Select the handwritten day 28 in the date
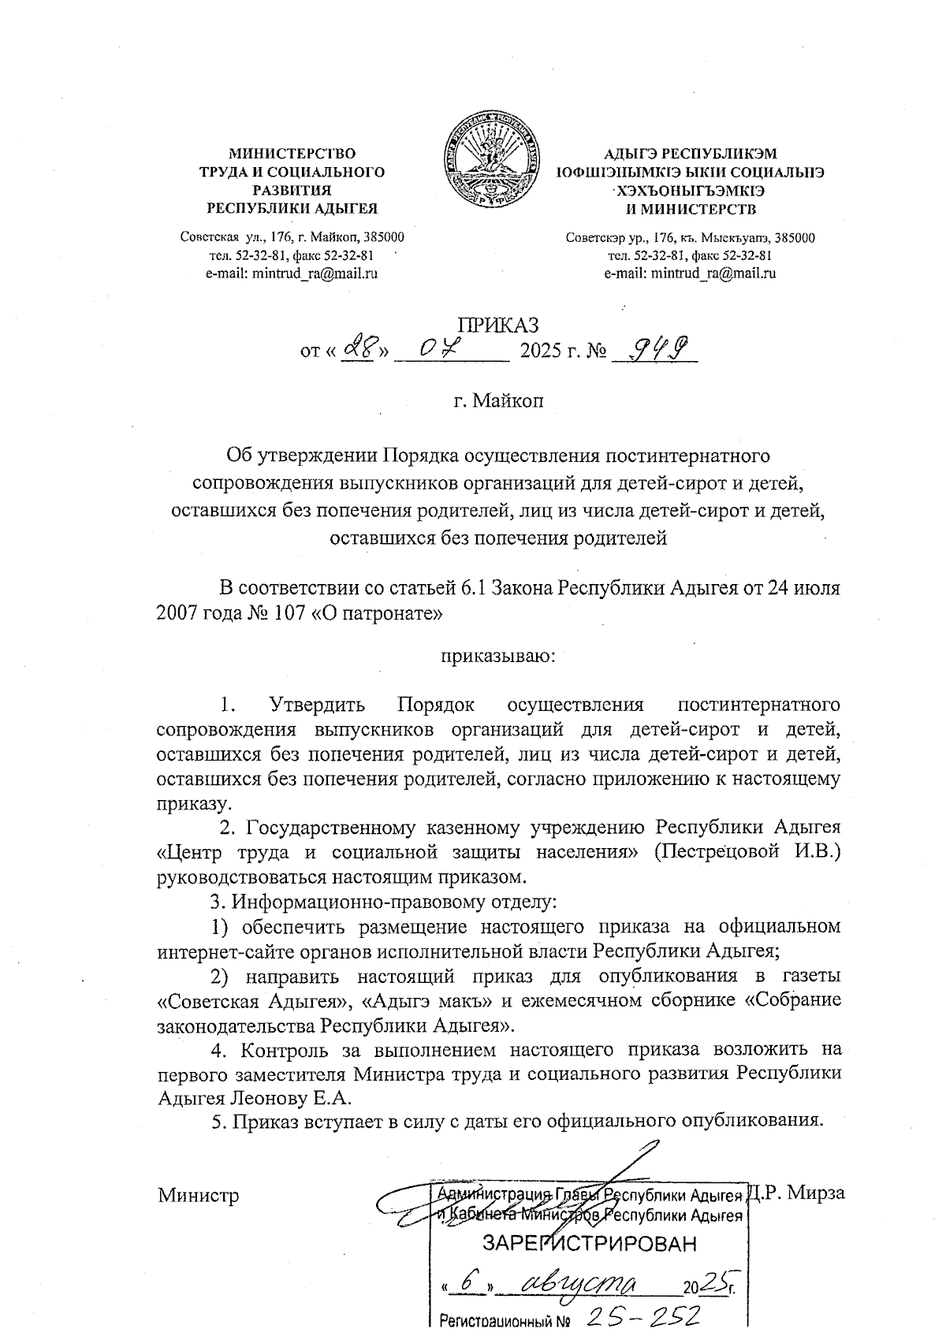(x=358, y=347)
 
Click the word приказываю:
(x=498, y=654)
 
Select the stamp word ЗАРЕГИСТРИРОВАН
(x=590, y=1245)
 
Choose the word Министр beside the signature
(x=198, y=1195)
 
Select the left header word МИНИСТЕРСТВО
(x=292, y=154)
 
